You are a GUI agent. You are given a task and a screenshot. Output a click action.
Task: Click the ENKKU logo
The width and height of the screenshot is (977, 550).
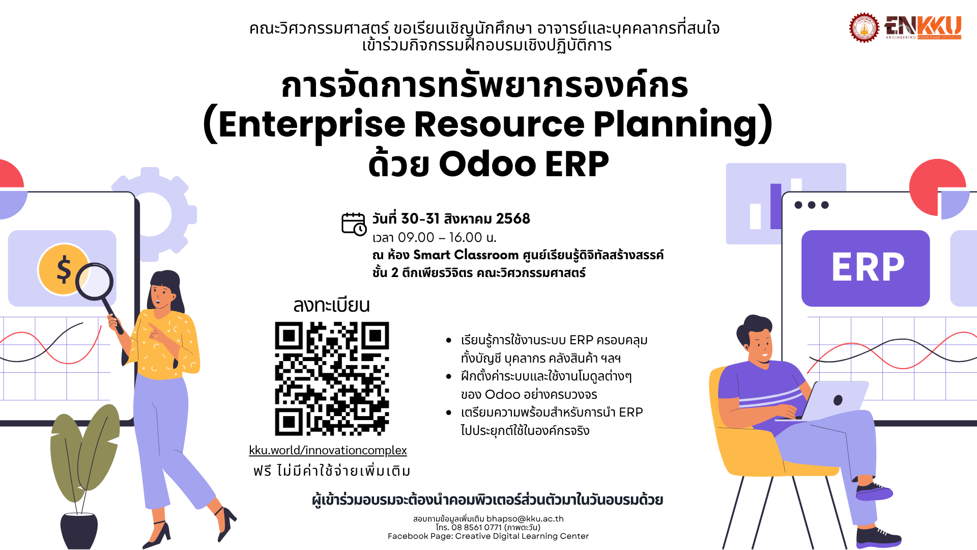(x=923, y=28)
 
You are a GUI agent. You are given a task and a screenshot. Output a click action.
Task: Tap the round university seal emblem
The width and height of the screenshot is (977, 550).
(x=864, y=28)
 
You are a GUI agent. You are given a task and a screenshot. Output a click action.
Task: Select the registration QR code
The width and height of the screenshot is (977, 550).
(x=332, y=378)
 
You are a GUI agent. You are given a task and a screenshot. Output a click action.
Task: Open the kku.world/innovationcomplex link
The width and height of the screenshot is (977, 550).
(x=328, y=450)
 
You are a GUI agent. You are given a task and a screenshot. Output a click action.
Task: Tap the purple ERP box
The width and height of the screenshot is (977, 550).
(x=866, y=268)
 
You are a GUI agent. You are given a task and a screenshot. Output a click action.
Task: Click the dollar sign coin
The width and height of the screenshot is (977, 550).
(x=64, y=269)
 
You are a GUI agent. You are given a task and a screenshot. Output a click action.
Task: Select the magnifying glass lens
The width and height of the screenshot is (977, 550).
(x=95, y=281)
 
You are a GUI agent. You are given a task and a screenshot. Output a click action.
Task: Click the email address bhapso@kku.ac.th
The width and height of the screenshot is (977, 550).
(x=525, y=519)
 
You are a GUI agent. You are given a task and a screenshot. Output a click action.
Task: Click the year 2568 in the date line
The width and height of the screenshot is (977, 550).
(x=513, y=219)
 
